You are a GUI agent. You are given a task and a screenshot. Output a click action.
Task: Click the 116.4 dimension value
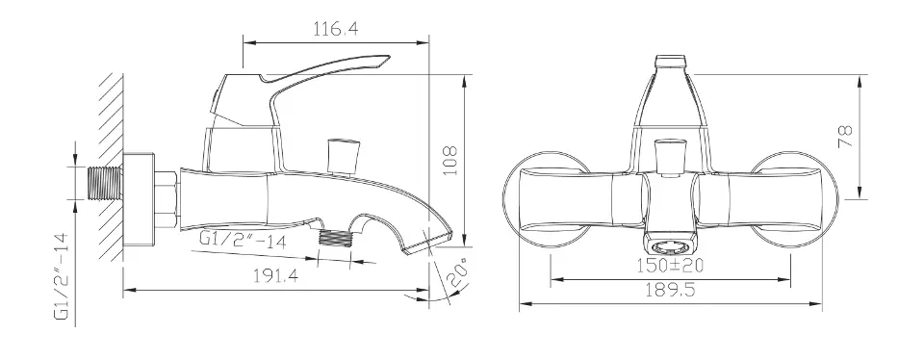tap(335, 29)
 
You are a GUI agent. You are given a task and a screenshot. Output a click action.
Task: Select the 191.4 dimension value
tap(276, 276)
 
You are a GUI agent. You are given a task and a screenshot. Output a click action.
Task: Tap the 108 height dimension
tap(449, 161)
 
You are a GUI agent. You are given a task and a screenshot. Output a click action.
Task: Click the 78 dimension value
tap(845, 137)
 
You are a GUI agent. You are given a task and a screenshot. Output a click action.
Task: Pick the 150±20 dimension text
tap(670, 266)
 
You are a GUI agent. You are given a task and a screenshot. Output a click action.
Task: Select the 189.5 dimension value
tap(671, 290)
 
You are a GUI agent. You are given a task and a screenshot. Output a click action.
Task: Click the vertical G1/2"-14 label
tap(63, 275)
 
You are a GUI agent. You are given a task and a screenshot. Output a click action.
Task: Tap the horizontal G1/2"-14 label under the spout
tap(243, 240)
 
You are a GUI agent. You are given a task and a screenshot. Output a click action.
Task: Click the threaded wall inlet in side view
tap(105, 183)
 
